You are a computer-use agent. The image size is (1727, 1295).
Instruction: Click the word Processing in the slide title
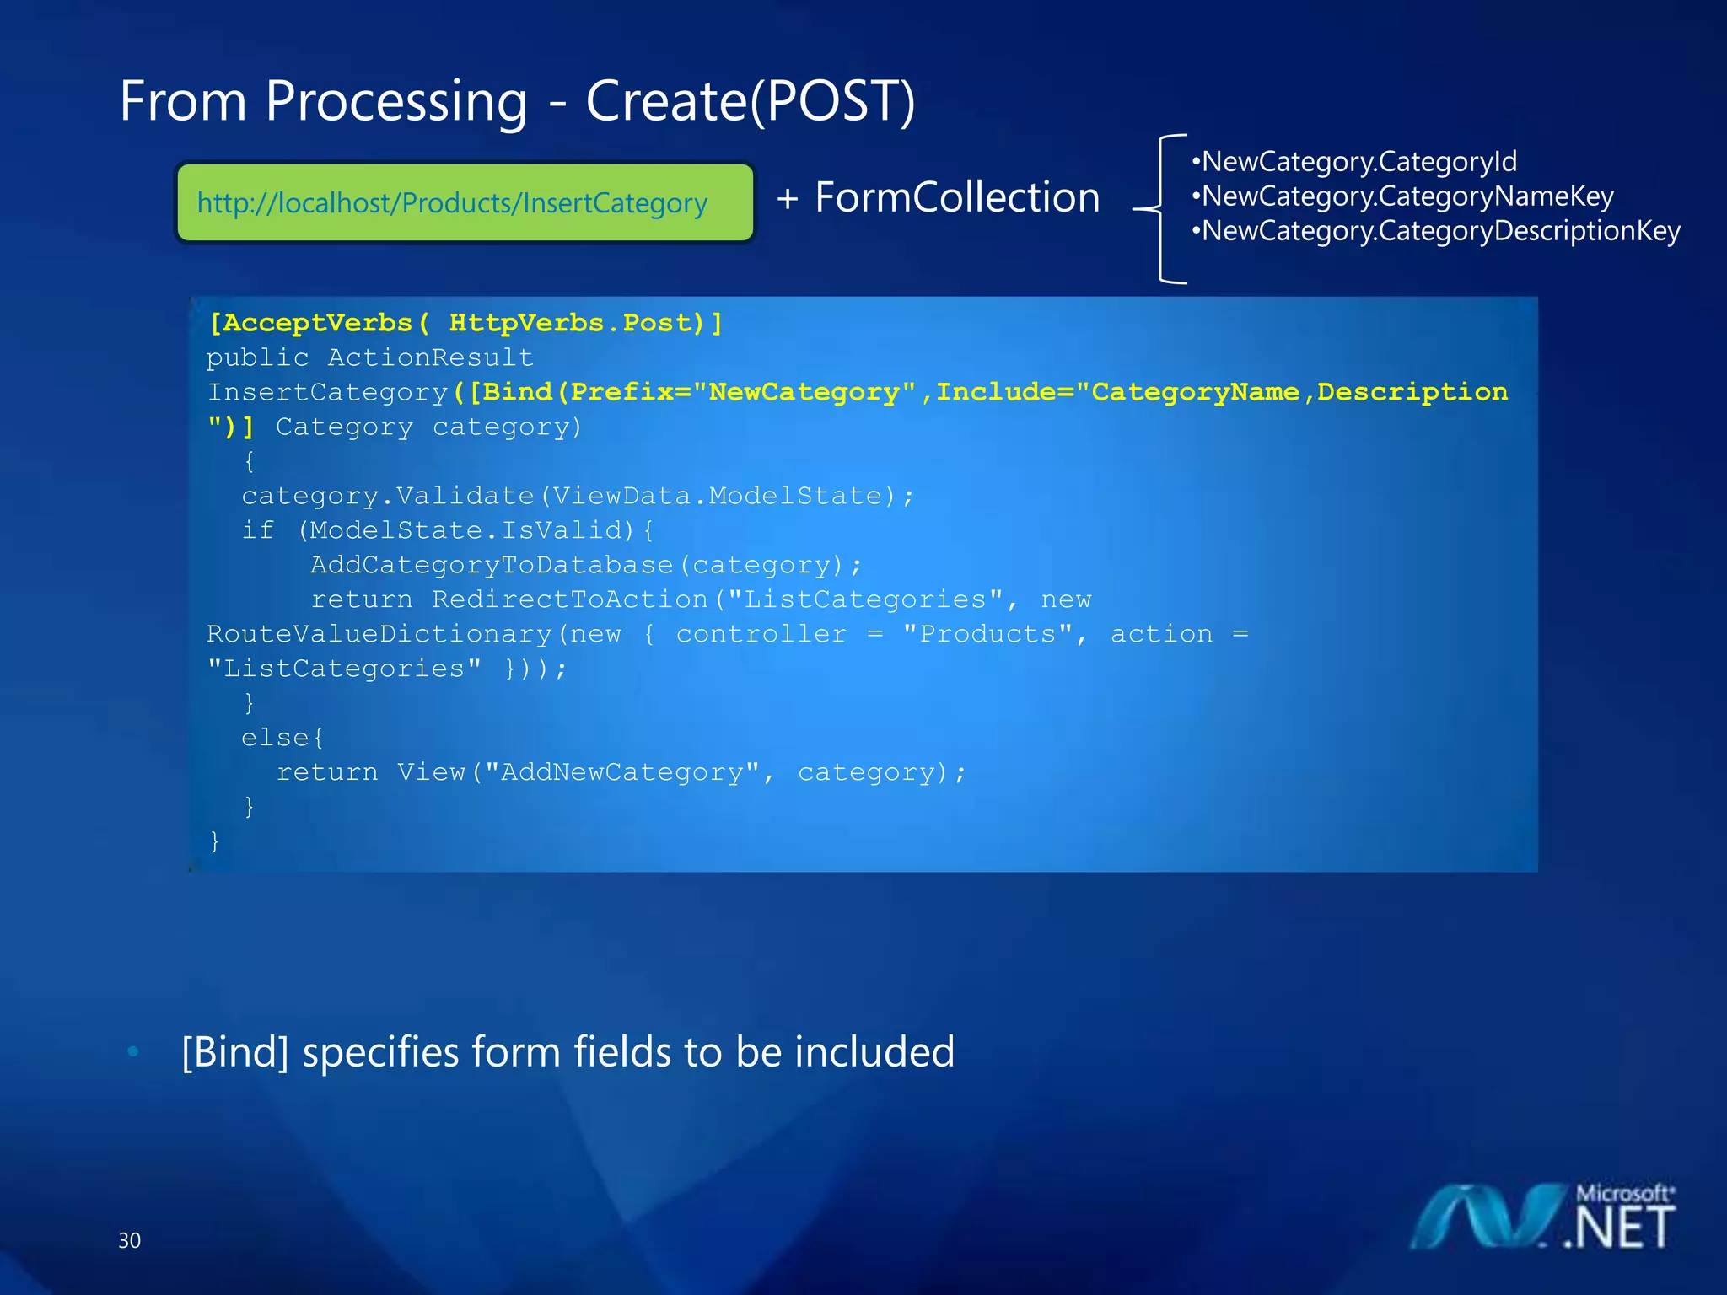395,102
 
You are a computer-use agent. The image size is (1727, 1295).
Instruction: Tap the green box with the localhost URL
465,203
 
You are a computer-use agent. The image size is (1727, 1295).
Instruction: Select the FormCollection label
957,197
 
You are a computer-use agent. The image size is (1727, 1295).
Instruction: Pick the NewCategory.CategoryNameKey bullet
1403,196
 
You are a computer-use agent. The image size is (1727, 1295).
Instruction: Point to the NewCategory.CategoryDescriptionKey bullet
1437,230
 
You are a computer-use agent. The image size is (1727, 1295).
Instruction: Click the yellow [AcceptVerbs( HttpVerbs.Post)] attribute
465,323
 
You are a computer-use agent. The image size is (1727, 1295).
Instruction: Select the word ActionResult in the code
430,357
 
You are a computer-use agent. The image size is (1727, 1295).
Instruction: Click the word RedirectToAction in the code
570,599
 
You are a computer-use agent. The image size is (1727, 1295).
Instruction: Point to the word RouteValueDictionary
379,634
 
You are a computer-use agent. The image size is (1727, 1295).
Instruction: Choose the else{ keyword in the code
282,738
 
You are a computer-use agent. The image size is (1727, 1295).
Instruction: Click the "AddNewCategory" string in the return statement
622,772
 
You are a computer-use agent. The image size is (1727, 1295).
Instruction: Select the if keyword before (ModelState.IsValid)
257,530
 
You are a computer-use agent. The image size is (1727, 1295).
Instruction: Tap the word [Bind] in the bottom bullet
235,1052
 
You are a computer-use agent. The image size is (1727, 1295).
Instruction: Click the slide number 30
129,1240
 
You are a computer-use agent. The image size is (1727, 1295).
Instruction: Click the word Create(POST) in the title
750,102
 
